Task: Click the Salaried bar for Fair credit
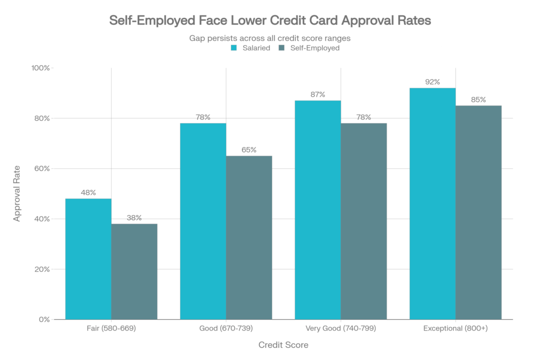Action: (88, 258)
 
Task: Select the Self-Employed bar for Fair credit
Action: (134, 271)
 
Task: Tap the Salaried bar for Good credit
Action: (203, 221)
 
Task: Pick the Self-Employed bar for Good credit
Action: (249, 237)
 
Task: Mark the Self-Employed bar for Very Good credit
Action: (364, 221)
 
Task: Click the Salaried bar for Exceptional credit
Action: (432, 203)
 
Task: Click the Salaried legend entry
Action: (252, 48)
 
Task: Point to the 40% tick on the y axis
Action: (44, 219)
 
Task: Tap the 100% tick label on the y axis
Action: (42, 69)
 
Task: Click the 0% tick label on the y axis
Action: (45, 319)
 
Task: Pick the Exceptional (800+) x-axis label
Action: (456, 328)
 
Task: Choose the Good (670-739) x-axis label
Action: (226, 328)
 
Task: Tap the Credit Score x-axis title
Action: (283, 345)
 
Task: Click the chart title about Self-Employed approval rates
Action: (270, 22)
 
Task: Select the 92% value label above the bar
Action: (432, 82)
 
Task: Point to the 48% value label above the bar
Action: (88, 192)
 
